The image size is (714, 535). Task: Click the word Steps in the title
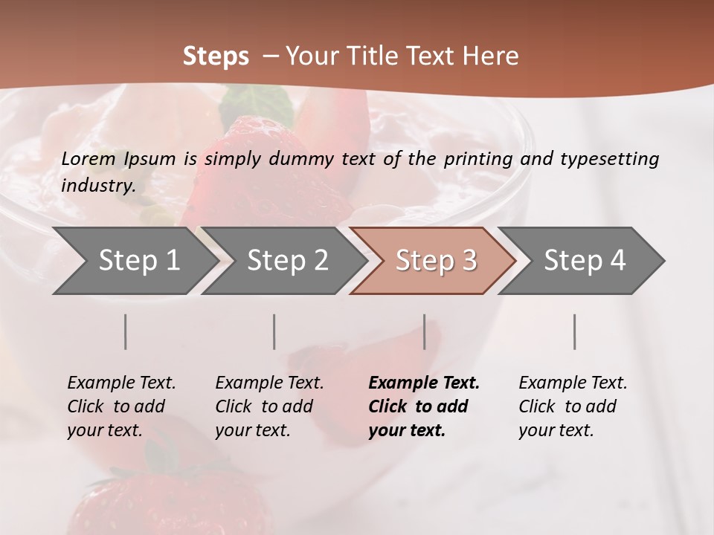click(216, 56)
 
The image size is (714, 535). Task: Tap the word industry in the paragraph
click(97, 185)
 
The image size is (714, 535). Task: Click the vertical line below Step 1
click(126, 331)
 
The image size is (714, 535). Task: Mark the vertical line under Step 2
click(274, 331)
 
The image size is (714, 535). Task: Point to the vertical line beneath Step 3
click(425, 331)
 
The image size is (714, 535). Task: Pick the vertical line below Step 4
click(575, 331)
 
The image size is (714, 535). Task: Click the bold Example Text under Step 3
click(424, 383)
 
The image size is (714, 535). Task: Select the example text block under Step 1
click(121, 406)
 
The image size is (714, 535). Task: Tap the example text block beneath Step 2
click(269, 406)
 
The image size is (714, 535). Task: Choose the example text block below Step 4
click(573, 406)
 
